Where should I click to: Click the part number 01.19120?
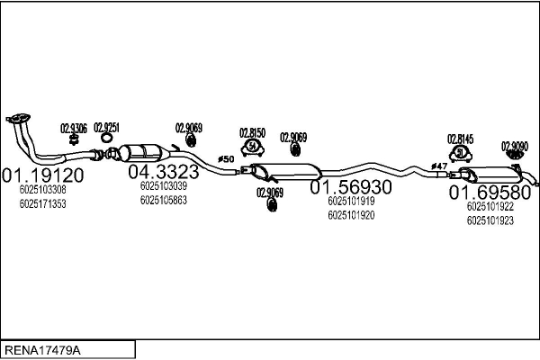(x=42, y=175)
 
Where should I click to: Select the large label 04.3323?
(x=162, y=171)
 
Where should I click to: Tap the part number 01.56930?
(x=352, y=187)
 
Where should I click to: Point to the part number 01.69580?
(x=490, y=193)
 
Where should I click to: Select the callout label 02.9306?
(x=73, y=129)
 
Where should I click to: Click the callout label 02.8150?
(x=253, y=133)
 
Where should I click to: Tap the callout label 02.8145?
(x=461, y=139)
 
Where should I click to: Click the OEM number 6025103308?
(x=42, y=190)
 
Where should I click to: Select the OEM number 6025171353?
(x=42, y=203)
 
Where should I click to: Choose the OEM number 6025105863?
(x=163, y=200)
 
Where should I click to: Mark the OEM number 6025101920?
(x=352, y=215)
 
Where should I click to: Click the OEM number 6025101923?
(x=490, y=220)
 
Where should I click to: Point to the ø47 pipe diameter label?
(x=439, y=166)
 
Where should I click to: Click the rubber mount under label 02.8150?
(x=253, y=147)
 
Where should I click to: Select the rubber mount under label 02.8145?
(x=461, y=153)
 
